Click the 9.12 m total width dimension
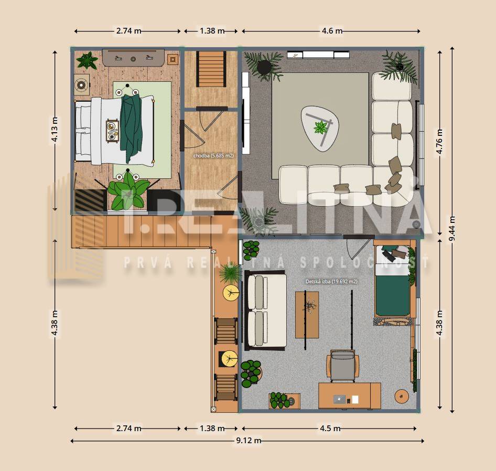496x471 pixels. tap(249, 441)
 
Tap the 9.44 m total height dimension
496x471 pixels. tap(452, 229)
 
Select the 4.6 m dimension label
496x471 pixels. tap(332, 31)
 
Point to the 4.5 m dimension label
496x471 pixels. tap(330, 429)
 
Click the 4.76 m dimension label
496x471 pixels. tap(440, 141)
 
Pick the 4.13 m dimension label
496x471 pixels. tap(55, 130)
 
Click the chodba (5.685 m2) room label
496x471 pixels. tap(213, 156)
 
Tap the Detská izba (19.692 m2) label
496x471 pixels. tap(331, 282)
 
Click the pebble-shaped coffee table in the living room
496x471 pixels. tap(320, 129)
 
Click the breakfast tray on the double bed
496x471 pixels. tap(112, 131)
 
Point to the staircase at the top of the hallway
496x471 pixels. tap(211, 69)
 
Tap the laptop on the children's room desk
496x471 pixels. tap(340, 399)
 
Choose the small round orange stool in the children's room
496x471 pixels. tap(402, 396)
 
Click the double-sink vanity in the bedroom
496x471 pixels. tap(133, 58)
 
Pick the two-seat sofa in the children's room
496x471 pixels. tap(265, 311)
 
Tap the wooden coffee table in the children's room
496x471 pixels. tap(307, 315)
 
